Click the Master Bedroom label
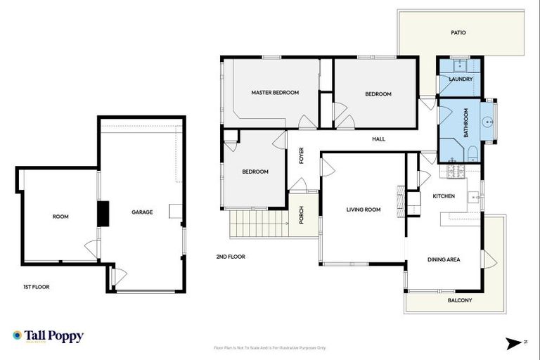pyautogui.click(x=275, y=93)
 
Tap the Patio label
pyautogui.click(x=458, y=32)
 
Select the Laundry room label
pyautogui.click(x=461, y=79)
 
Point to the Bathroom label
pyautogui.click(x=465, y=122)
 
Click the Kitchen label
pyautogui.click(x=443, y=195)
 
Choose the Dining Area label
pyautogui.click(x=444, y=259)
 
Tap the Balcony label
pyautogui.click(x=460, y=300)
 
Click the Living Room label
pyautogui.click(x=363, y=209)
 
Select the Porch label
pyautogui.click(x=301, y=215)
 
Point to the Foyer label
pyautogui.click(x=302, y=154)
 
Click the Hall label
pyautogui.click(x=378, y=139)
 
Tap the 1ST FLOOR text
pyautogui.click(x=37, y=287)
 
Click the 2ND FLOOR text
pyautogui.click(x=231, y=257)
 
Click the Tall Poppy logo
pyautogui.click(x=48, y=336)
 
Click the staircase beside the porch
pyautogui.click(x=258, y=224)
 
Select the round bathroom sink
pyautogui.click(x=488, y=120)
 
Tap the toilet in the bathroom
pyautogui.click(x=472, y=153)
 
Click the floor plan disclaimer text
pyautogui.click(x=269, y=347)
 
